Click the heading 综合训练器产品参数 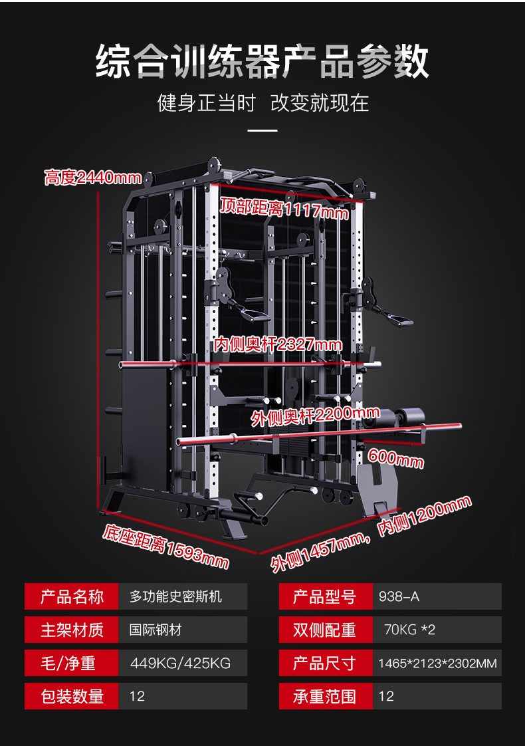pyautogui.click(x=262, y=62)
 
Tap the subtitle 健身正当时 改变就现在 pyautogui.click(x=262, y=103)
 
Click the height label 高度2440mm pyautogui.click(x=93, y=178)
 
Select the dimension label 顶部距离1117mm pyautogui.click(x=284, y=208)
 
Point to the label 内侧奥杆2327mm pyautogui.click(x=278, y=344)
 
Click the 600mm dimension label pyautogui.click(x=395, y=458)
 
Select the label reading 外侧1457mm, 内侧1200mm pyautogui.click(x=371, y=534)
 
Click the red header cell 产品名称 pyautogui.click(x=72, y=596)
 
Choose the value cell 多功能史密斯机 pyautogui.click(x=176, y=596)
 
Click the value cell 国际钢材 pyautogui.click(x=156, y=630)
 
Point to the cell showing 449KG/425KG pyautogui.click(x=179, y=663)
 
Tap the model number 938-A pyautogui.click(x=399, y=596)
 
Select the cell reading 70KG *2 pyautogui.click(x=409, y=630)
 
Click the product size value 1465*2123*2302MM pyautogui.click(x=437, y=663)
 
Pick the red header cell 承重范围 pyautogui.click(x=325, y=696)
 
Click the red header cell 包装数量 pyautogui.click(x=72, y=696)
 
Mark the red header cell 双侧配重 pyautogui.click(x=325, y=630)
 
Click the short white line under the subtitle pyautogui.click(x=262, y=131)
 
